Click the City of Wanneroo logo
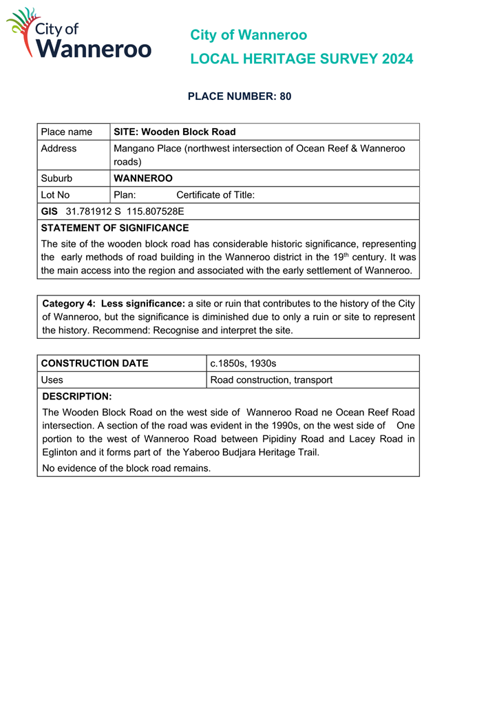pos(78,34)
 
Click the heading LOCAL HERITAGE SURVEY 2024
pos(302,59)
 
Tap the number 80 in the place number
pos(285,96)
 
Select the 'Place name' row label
pos(66,132)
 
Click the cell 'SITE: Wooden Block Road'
pos(175,132)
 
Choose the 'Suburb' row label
pos(56,178)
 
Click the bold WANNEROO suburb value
pos(143,178)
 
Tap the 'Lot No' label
pos(55,195)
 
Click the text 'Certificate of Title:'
pos(215,195)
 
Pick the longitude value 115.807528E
pos(155,211)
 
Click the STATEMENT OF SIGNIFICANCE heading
pos(114,228)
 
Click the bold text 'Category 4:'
pos(69,304)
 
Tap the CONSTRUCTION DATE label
pos(94,363)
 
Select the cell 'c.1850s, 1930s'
pos(243,363)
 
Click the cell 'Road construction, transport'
pos(271,380)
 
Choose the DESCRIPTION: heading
pos(76,397)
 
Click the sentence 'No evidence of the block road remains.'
pos(126,468)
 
